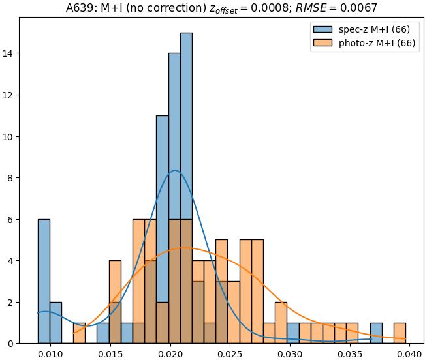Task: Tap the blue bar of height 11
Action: point(163,228)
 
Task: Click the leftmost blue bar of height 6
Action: point(44,280)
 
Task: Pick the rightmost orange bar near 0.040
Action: point(400,333)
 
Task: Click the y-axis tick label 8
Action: point(12,177)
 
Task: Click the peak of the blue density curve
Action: point(174,170)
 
